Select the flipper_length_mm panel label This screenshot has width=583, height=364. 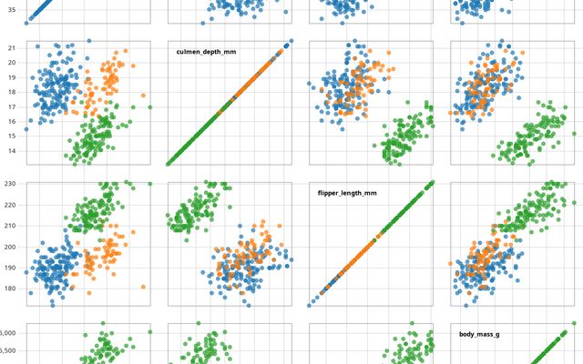(x=347, y=193)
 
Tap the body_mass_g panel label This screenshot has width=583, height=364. (x=478, y=335)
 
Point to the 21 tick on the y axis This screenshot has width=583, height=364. (x=12, y=47)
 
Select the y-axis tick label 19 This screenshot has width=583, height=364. (x=12, y=76)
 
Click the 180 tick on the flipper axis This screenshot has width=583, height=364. (x=10, y=288)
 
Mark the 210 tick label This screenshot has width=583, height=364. (x=10, y=226)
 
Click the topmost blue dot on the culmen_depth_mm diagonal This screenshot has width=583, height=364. (x=291, y=41)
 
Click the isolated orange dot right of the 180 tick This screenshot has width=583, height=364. (x=143, y=287)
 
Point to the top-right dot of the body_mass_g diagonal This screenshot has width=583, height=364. (x=574, y=323)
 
